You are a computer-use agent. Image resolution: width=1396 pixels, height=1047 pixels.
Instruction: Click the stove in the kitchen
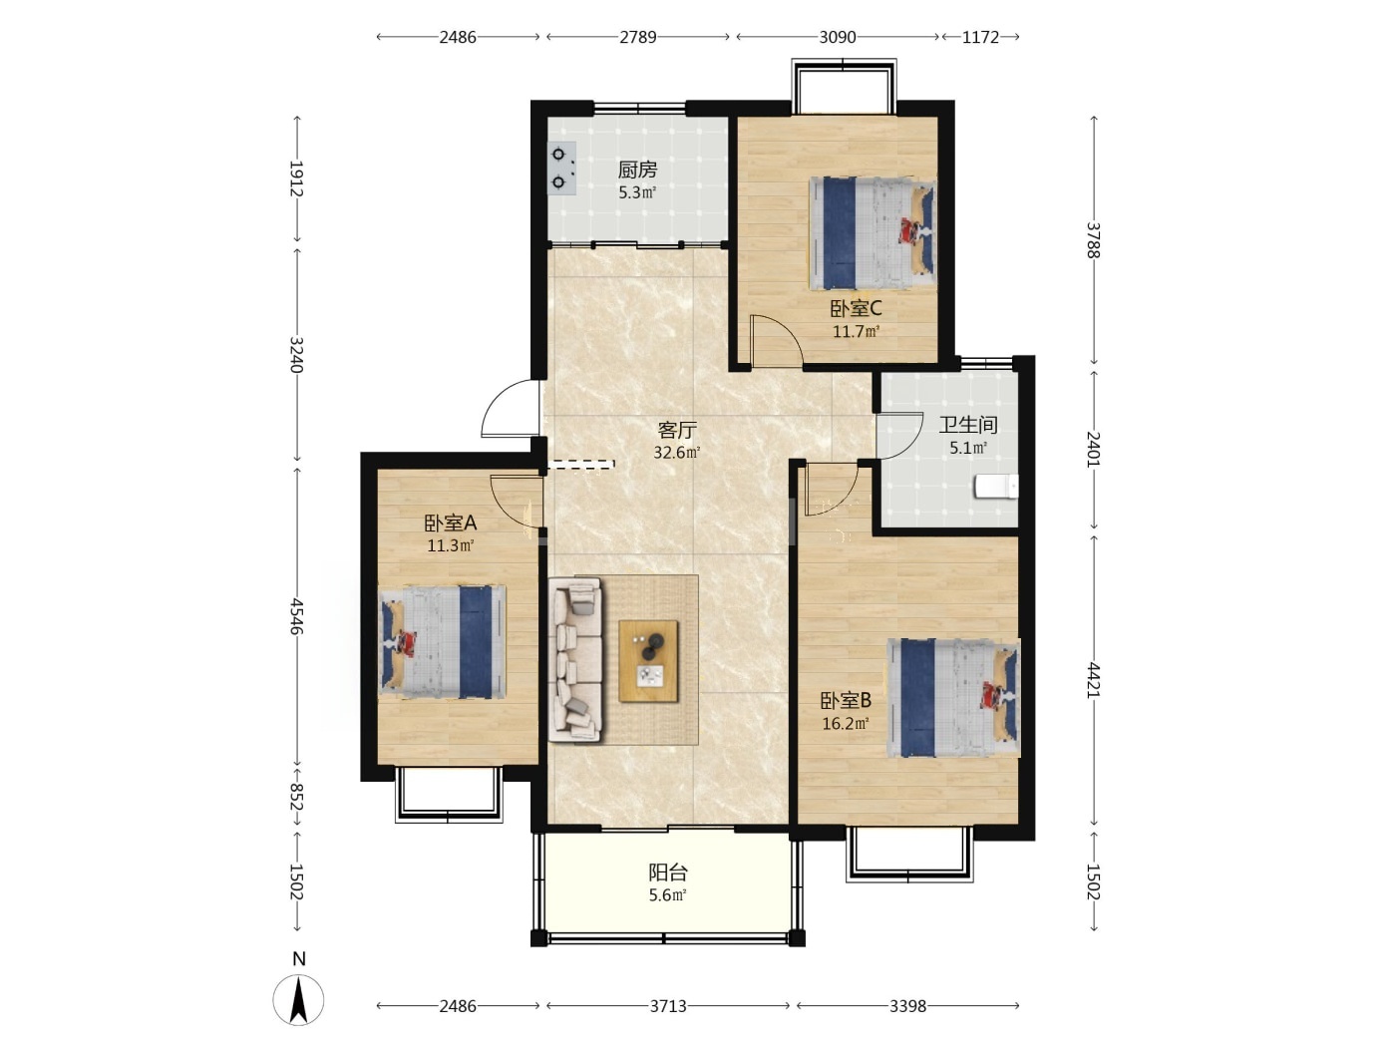click(x=561, y=168)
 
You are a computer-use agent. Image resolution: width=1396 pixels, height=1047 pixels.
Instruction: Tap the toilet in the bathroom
click(x=996, y=486)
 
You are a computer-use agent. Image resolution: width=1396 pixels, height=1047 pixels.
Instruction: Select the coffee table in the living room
click(x=648, y=661)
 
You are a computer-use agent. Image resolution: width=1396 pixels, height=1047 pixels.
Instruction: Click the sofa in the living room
click(x=575, y=659)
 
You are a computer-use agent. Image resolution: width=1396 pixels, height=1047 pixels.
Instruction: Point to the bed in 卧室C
click(x=872, y=234)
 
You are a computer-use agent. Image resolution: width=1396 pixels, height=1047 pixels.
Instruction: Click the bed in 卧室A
click(x=442, y=642)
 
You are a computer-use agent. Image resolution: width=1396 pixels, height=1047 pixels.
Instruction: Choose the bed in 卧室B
click(x=953, y=697)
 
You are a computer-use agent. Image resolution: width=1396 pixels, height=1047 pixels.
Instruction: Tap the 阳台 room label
click(x=668, y=872)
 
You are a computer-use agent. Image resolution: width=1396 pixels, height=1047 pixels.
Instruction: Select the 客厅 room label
click(x=677, y=431)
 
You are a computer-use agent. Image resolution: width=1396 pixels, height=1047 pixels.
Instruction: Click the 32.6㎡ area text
click(x=677, y=453)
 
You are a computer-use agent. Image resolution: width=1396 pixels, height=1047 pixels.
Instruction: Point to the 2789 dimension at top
click(x=638, y=37)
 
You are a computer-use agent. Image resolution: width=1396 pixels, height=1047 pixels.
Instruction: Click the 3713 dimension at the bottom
click(x=668, y=1006)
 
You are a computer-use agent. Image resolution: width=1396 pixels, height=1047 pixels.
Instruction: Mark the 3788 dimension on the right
click(x=1093, y=240)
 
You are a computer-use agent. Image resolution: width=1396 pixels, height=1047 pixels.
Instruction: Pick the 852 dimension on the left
click(x=296, y=797)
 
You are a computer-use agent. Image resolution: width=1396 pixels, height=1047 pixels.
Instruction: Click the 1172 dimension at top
click(x=980, y=37)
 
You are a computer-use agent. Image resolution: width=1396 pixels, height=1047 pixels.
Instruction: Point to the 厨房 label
click(x=637, y=170)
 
